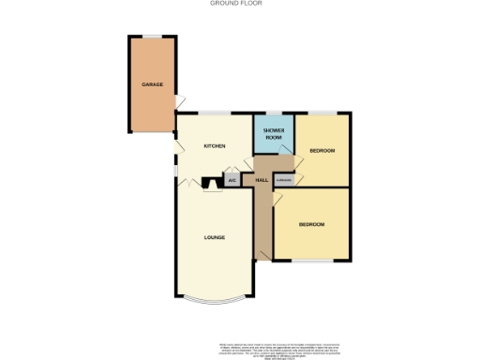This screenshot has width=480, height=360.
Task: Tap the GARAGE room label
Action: coord(152,84)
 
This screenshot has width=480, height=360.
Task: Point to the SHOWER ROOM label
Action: coord(273,134)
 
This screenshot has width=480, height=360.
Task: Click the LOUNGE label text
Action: coord(214,237)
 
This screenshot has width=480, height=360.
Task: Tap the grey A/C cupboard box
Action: coord(231,181)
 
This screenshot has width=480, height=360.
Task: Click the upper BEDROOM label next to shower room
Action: coord(322,150)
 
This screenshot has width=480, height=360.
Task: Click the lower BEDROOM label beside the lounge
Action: coord(311,224)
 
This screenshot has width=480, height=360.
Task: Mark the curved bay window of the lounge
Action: coord(214,304)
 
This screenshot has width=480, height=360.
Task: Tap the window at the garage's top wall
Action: coord(151,37)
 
